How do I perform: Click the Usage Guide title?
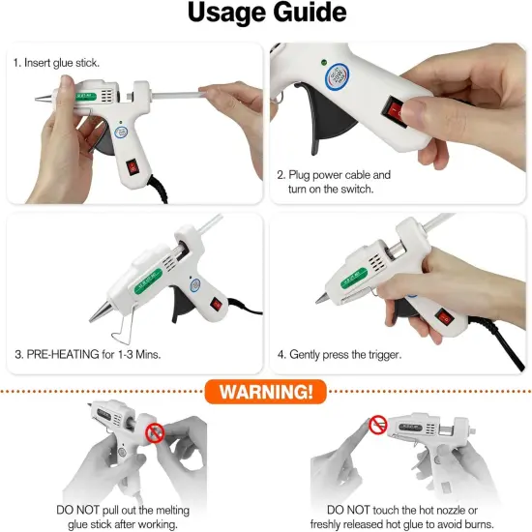coord(266,14)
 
